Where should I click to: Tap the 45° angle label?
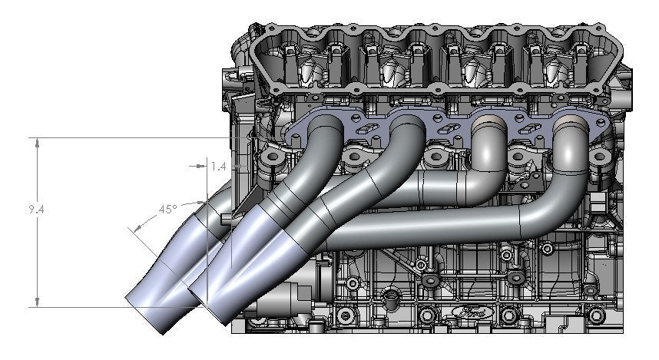(167, 208)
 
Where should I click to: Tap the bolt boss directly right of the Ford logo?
(508, 314)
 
